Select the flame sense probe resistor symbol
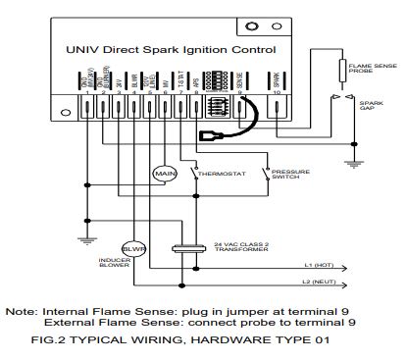pyautogui.click(x=339, y=73)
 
